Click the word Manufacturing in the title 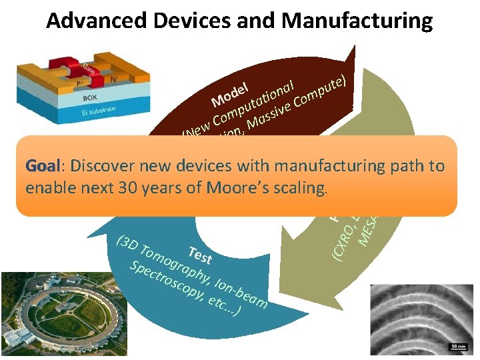coord(357,21)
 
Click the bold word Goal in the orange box coord(42,166)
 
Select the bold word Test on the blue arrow coord(200,255)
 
